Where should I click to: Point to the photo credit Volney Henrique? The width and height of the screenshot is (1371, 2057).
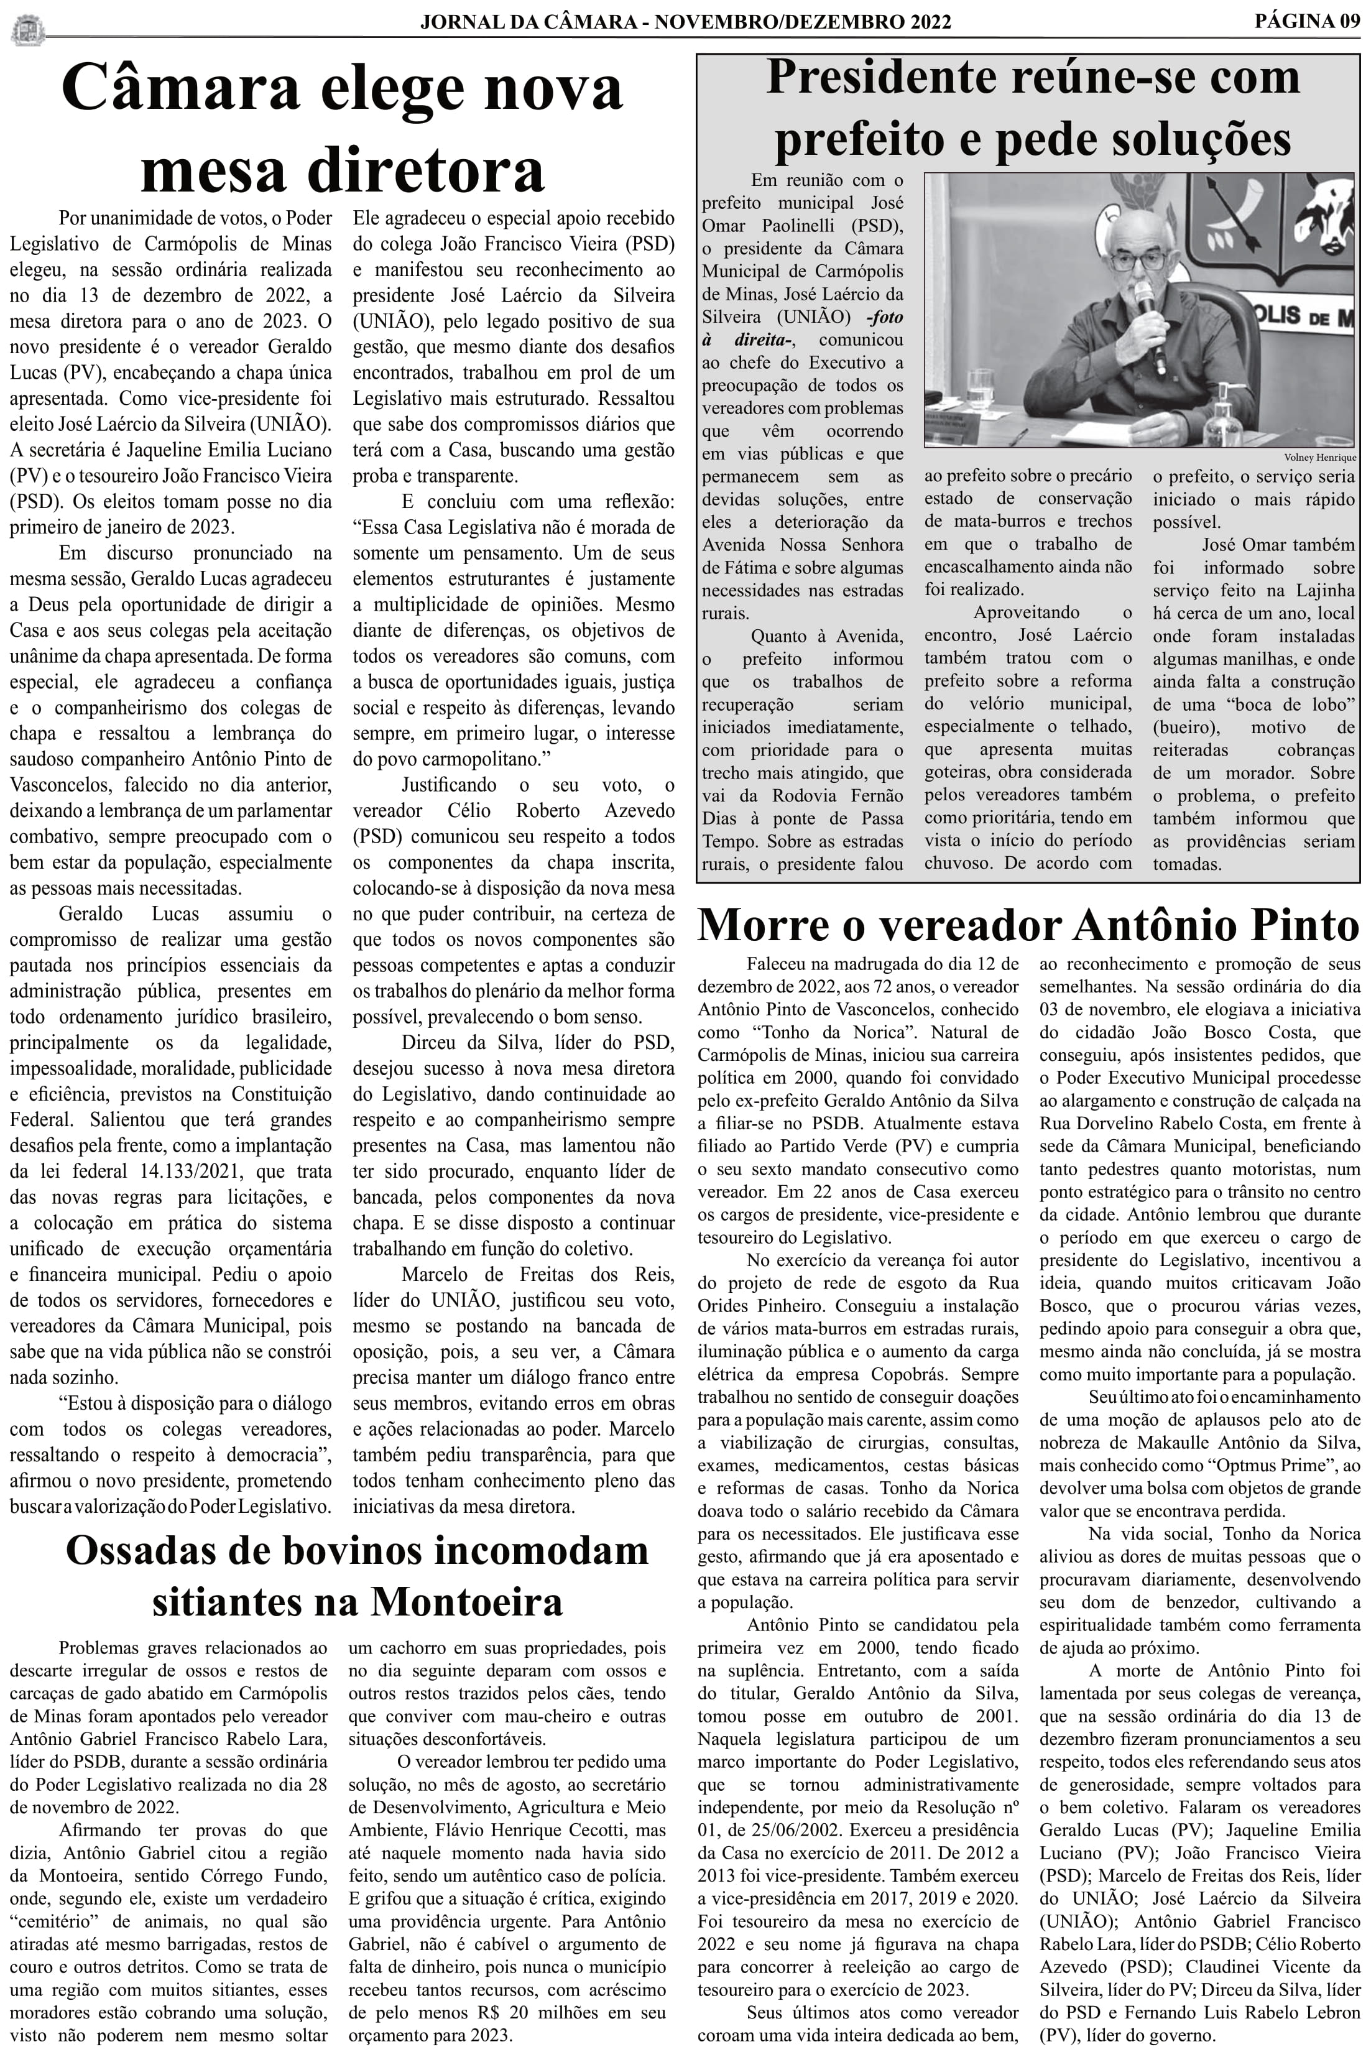coord(1319,457)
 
